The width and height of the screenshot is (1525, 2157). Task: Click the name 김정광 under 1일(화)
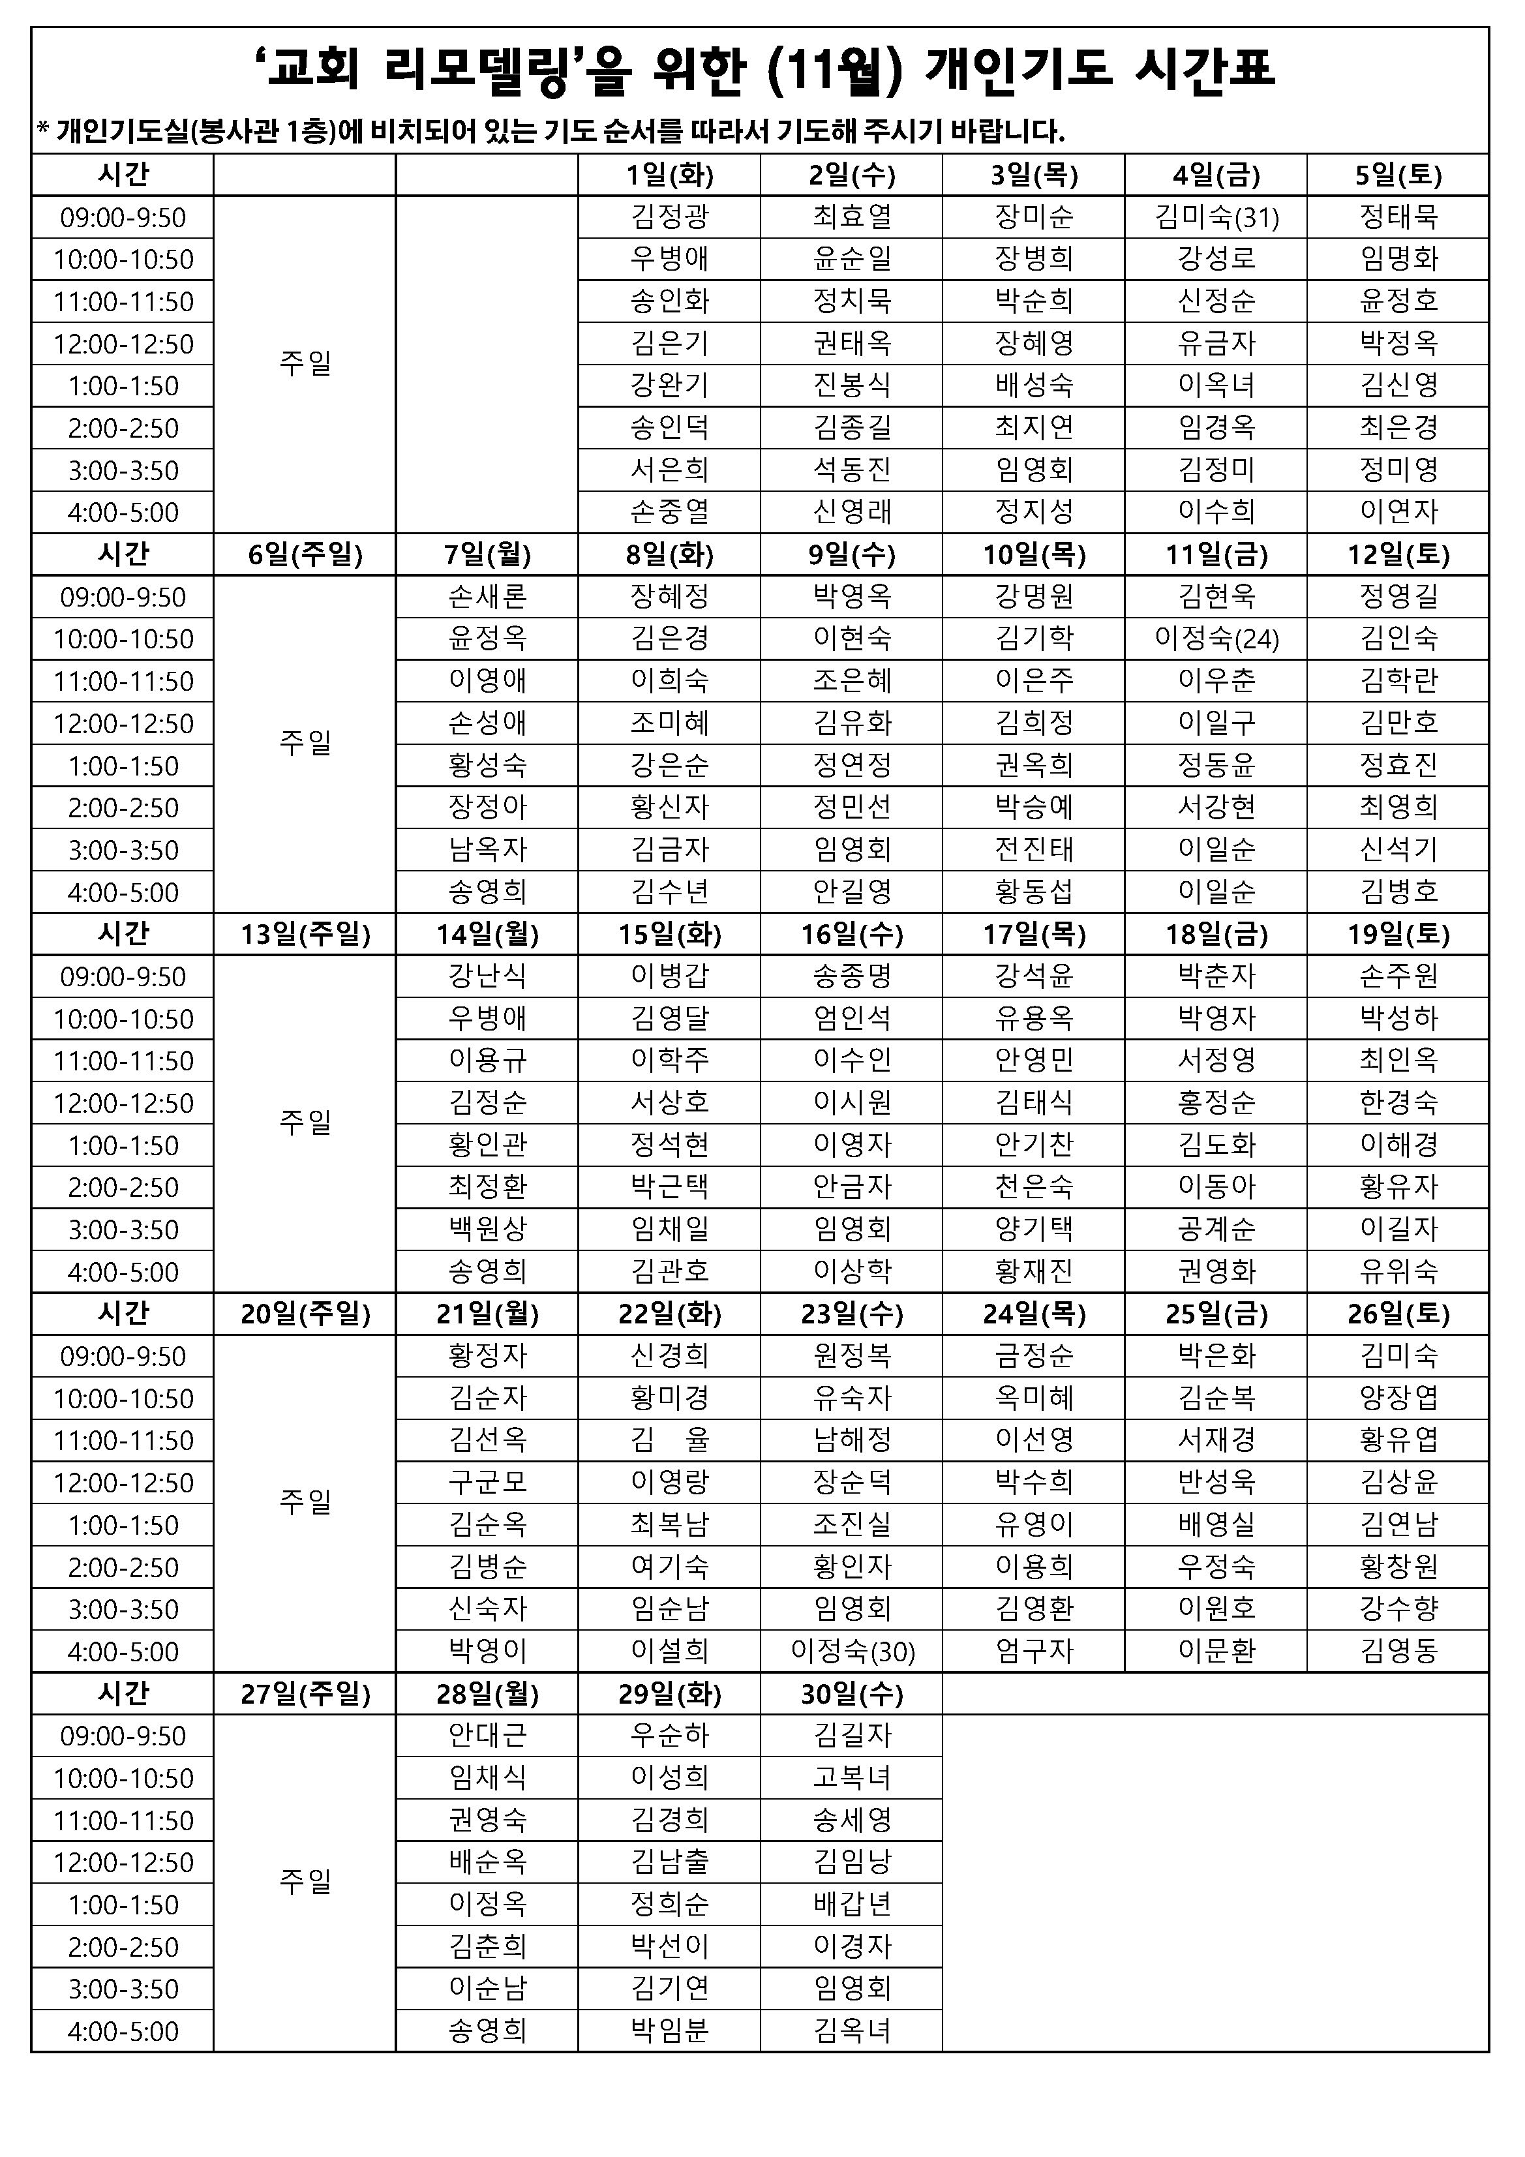669,217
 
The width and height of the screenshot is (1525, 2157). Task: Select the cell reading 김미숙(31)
1216,217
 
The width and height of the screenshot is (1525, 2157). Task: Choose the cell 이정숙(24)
1216,639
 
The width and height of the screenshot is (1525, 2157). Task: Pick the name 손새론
487,597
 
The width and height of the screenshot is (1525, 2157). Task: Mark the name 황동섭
1034,892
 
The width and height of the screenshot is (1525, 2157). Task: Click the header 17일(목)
1034,934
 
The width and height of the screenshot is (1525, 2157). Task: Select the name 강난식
487,976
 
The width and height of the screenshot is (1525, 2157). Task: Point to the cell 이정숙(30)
851,1651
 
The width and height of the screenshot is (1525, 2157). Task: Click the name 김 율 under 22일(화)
669,1440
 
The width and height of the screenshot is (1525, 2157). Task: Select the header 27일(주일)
305,1693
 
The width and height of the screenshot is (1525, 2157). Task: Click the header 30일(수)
851,1693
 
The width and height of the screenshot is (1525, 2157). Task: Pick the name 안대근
487,1735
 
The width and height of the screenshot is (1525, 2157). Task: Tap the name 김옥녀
851,2030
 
